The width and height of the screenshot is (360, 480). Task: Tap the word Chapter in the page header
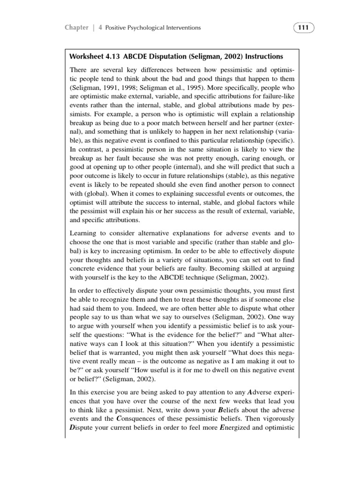pyautogui.click(x=76, y=28)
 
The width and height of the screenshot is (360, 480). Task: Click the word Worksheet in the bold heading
pyautogui.click(x=86, y=57)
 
